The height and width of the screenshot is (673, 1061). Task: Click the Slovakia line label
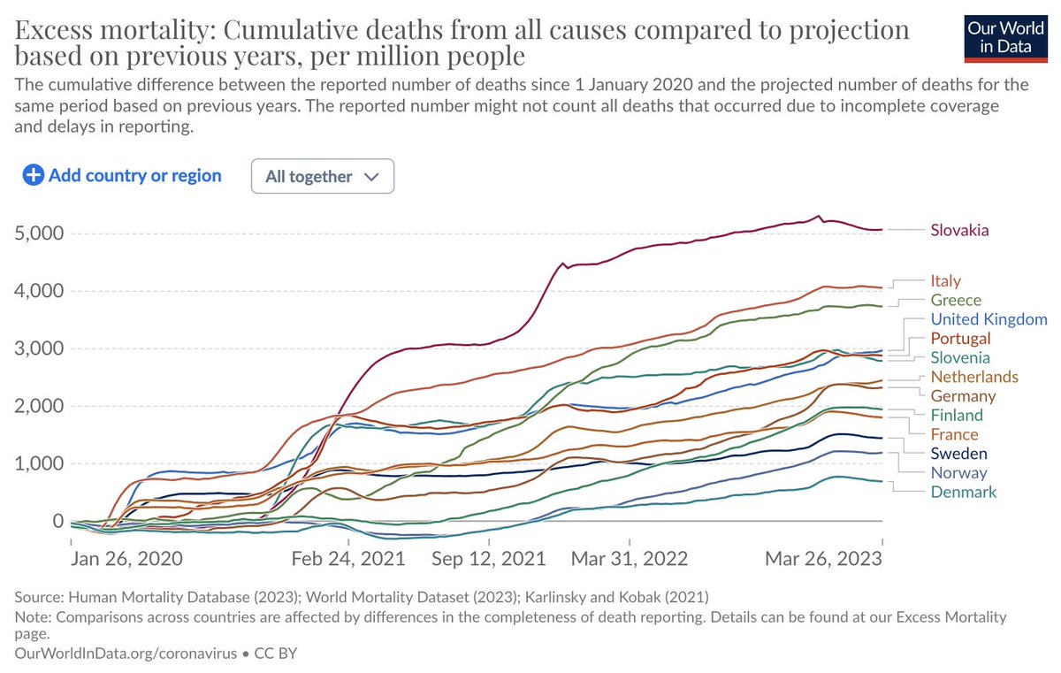tap(959, 231)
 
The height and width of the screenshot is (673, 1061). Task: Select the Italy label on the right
tap(945, 281)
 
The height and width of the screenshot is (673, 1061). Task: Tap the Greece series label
tap(955, 301)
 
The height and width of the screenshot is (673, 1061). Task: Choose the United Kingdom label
tap(988, 319)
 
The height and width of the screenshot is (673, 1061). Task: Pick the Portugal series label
tap(960, 339)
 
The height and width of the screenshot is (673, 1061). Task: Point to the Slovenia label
tap(959, 358)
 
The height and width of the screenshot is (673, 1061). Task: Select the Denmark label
tap(963, 492)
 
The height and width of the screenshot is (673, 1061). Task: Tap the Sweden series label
tap(958, 454)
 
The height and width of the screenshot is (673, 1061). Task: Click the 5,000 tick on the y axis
tap(41, 233)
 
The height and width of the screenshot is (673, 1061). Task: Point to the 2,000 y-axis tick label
tap(41, 407)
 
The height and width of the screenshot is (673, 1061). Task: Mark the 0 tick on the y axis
tap(58, 522)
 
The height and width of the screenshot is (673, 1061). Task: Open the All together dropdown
tap(323, 176)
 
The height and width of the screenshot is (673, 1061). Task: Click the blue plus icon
tap(34, 175)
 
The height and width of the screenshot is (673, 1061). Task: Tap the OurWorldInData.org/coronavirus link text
tap(126, 654)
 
